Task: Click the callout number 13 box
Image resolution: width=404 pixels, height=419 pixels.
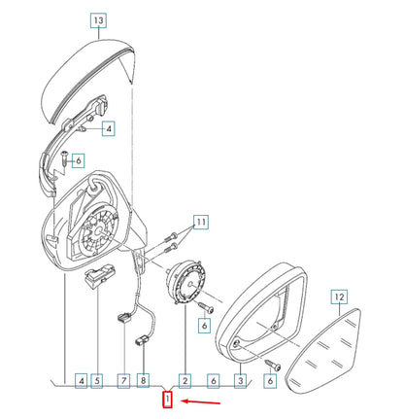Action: click(x=101, y=19)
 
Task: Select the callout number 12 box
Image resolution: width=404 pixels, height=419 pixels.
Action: click(x=338, y=295)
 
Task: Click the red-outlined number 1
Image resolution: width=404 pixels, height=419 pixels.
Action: click(x=168, y=400)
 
